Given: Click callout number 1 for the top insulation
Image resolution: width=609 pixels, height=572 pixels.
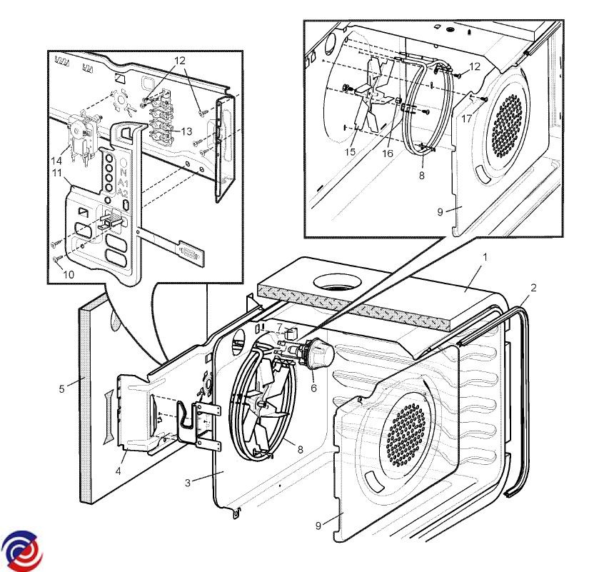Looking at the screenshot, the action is pos(485,257).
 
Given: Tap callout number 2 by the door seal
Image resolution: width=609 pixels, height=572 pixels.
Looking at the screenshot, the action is pos(533,288).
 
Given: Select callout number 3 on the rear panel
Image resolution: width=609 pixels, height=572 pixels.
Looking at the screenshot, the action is pos(188,483).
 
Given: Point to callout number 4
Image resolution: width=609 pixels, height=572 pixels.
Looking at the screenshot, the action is pos(118,471).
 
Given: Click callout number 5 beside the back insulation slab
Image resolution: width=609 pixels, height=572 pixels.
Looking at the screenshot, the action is pos(61,388).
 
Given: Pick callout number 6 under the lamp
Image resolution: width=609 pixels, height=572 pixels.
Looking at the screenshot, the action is pos(313,388).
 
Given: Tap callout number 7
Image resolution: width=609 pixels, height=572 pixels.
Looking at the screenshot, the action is pos(280,328).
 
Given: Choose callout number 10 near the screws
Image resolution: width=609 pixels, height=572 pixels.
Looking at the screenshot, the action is pos(69,274).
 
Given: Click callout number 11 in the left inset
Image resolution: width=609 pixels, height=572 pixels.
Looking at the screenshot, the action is pos(57,173).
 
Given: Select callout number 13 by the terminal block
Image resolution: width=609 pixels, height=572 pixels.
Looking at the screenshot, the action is pos(187,131).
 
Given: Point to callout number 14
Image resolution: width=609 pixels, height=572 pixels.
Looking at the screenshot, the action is pos(56,161).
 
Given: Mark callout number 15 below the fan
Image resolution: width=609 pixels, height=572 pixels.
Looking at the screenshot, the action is pos(351,151).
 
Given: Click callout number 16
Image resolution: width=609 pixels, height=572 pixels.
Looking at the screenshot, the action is pos(388,154).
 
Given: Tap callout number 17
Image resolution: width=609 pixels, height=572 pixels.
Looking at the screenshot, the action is pos(466,119).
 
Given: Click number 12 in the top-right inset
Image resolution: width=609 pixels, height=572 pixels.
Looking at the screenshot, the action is pos(475,66).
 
